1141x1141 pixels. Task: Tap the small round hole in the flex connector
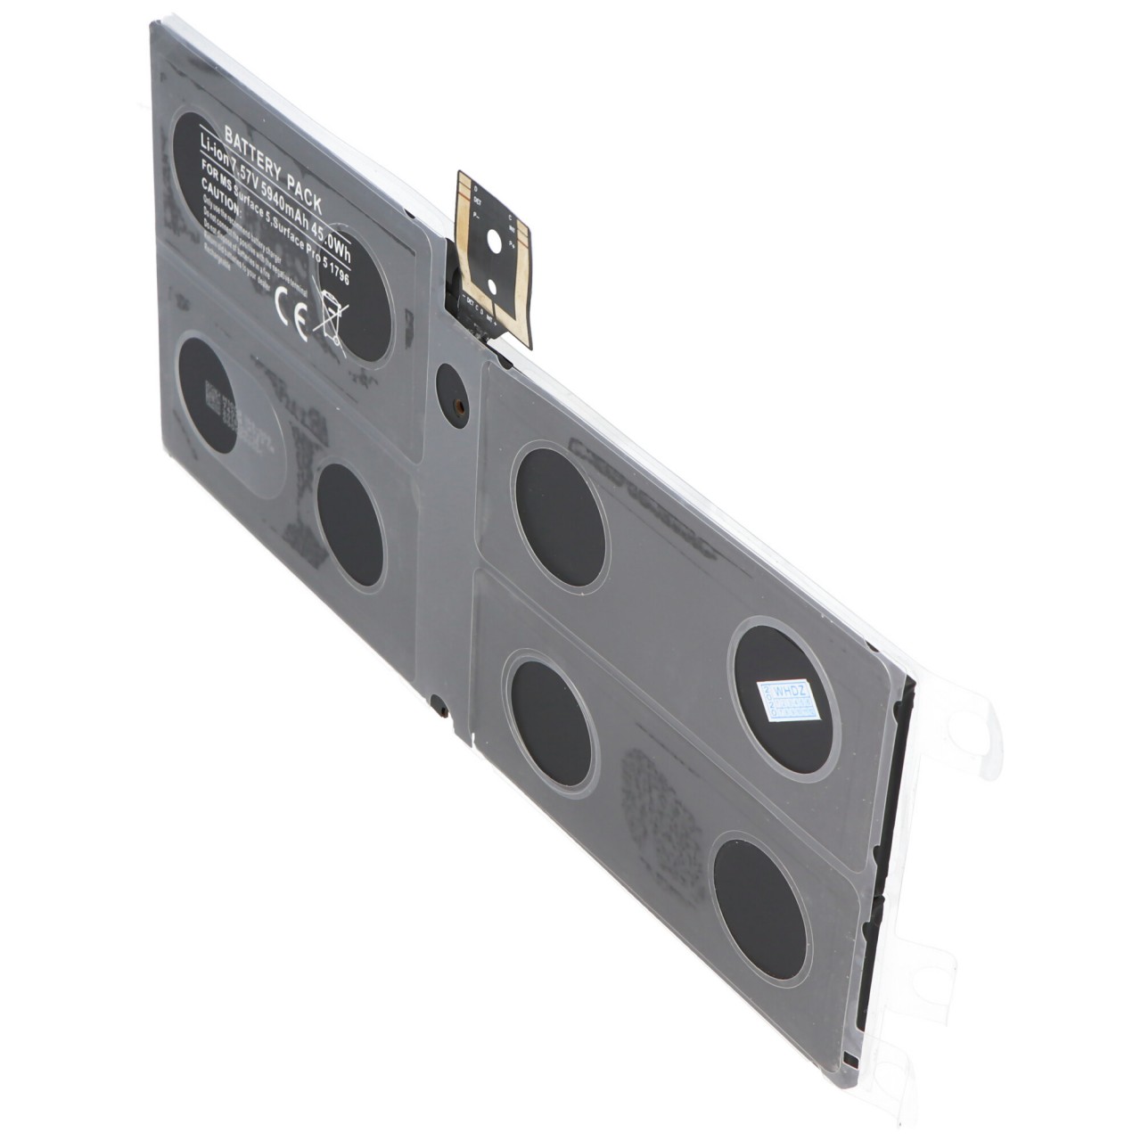(490, 286)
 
